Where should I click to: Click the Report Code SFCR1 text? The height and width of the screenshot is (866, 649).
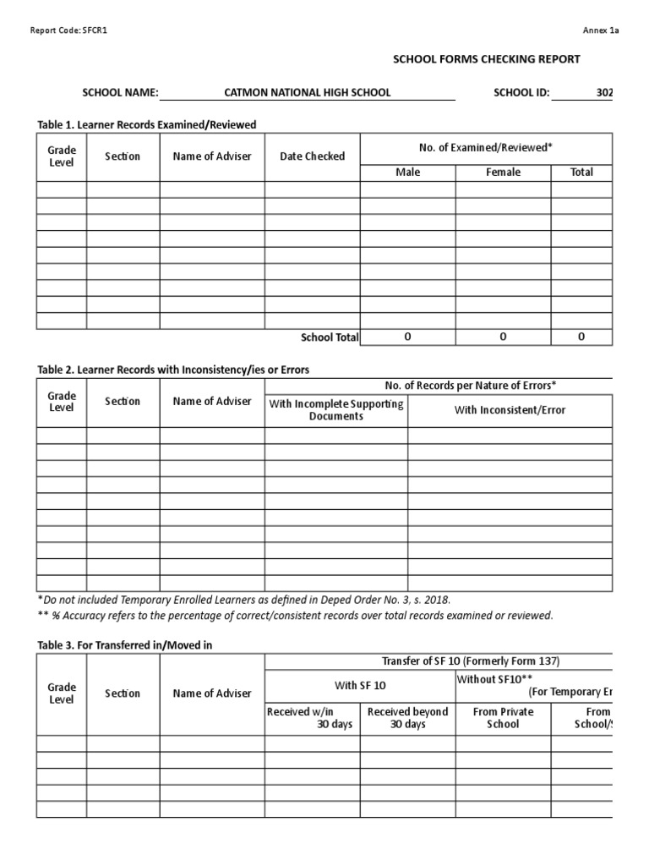click(69, 30)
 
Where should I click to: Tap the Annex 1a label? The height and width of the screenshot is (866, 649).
click(601, 30)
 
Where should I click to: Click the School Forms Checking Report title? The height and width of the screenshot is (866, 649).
click(486, 59)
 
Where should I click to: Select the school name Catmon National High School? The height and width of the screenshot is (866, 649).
click(307, 92)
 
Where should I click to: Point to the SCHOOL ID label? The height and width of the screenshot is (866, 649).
click(521, 92)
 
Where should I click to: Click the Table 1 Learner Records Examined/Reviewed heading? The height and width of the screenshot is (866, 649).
click(146, 124)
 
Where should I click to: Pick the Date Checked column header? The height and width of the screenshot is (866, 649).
click(312, 156)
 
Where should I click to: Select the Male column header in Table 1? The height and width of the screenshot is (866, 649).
click(407, 173)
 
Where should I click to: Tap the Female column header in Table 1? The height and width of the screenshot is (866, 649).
click(503, 173)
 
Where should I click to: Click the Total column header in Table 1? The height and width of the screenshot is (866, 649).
click(581, 173)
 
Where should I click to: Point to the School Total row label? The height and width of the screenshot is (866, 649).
click(330, 337)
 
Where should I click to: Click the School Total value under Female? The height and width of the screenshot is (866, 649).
click(503, 337)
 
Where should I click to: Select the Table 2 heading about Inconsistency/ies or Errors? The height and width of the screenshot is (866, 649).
click(173, 370)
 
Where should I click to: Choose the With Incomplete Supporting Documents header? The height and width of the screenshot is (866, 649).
click(336, 410)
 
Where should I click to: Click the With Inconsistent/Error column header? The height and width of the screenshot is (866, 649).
click(510, 410)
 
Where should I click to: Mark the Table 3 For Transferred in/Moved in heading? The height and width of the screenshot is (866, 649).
click(125, 645)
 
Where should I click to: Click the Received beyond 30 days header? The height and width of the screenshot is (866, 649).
click(407, 718)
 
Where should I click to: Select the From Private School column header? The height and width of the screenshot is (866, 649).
click(503, 718)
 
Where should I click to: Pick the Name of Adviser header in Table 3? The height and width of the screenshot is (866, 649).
click(212, 693)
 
